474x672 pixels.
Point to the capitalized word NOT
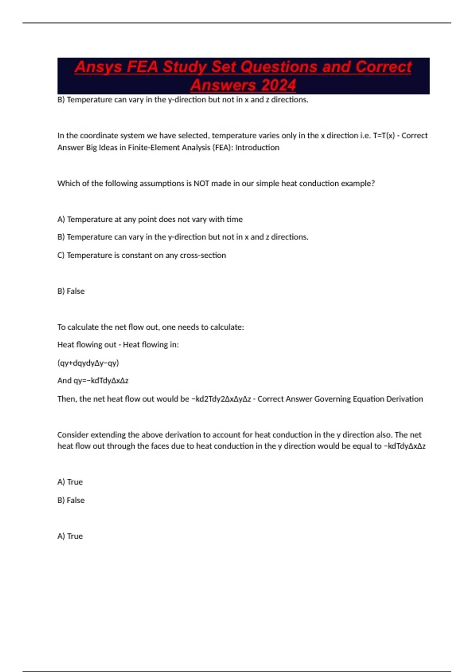[201, 183]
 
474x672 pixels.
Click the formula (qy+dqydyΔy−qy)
[88, 363]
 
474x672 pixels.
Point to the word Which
[68, 183]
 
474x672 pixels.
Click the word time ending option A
[235, 219]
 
